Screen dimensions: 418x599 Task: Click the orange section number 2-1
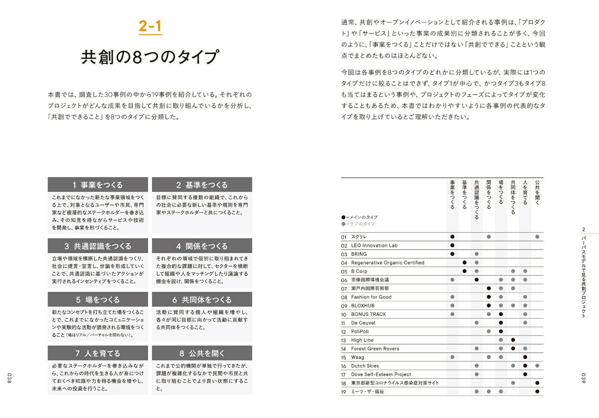click(150, 26)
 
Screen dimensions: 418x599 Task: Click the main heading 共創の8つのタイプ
click(150, 57)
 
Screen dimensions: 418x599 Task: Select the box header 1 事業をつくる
click(98, 185)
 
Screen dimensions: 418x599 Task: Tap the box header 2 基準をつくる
click(202, 185)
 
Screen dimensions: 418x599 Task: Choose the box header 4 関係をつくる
click(202, 246)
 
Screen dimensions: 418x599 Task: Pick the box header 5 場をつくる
click(98, 300)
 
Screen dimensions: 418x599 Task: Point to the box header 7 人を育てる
click(98, 353)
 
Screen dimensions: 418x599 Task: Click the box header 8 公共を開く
click(202, 353)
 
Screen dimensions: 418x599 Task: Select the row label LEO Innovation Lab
click(374, 245)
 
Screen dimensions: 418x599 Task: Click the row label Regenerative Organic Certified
click(387, 263)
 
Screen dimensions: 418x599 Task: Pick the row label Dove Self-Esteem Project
click(381, 374)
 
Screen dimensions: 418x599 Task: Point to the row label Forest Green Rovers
click(375, 348)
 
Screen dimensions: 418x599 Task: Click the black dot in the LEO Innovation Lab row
click(452, 245)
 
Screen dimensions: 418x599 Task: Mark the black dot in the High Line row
click(513, 340)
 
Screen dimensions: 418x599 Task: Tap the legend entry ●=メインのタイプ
click(359, 217)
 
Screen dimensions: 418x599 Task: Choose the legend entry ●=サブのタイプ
click(358, 224)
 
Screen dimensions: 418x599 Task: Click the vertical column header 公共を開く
click(537, 193)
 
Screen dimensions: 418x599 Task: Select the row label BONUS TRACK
click(368, 314)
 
